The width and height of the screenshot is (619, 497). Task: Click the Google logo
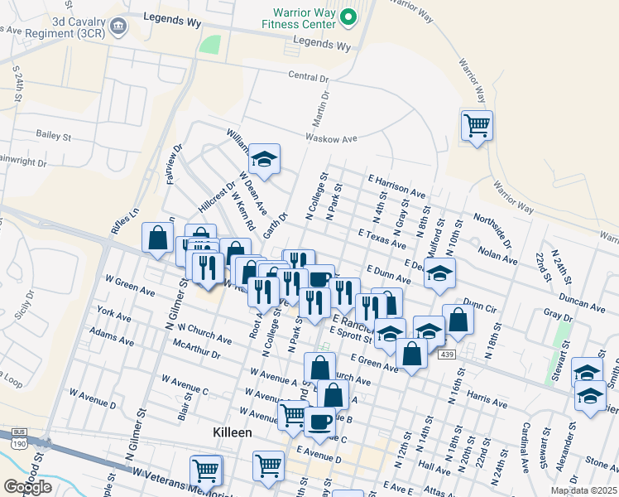pos(27,486)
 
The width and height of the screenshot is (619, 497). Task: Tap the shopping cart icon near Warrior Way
pos(477,126)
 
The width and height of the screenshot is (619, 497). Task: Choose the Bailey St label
pos(55,133)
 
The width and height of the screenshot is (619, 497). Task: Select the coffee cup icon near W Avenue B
pos(319,421)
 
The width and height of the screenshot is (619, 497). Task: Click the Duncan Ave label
pos(583,300)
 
